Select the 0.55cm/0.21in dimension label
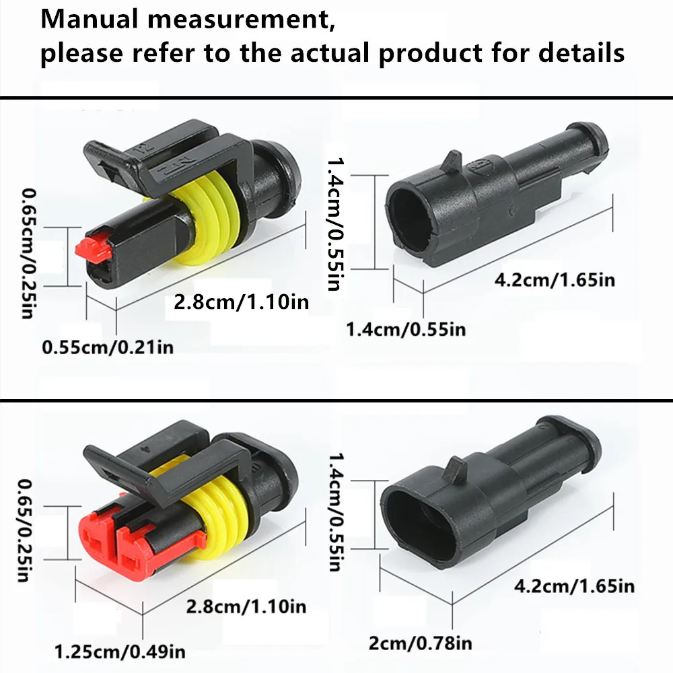pos(108,348)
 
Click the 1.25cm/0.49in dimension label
pos(120,651)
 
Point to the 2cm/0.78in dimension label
pos(420,643)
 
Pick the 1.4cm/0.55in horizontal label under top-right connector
pos(406,329)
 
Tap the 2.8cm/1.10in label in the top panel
pos(241,302)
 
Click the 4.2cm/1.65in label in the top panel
pos(555,279)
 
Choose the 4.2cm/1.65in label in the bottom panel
pos(574,586)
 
